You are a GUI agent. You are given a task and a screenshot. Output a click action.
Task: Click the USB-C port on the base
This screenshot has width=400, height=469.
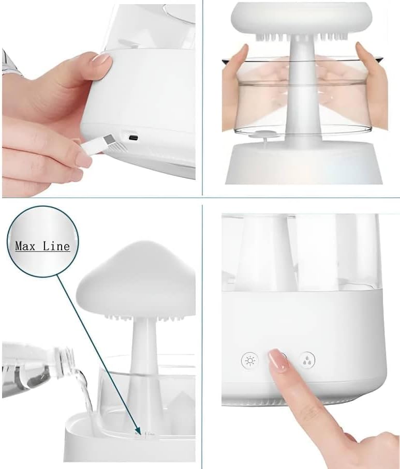(x=134, y=138)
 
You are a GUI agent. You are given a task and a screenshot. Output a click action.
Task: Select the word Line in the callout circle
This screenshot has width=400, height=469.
(x=57, y=246)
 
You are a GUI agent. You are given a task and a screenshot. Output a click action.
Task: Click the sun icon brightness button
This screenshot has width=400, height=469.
(x=249, y=360)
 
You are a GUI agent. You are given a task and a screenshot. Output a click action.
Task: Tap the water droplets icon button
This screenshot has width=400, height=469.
(x=307, y=360)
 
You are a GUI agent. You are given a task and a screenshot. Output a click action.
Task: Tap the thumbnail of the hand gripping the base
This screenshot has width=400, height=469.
(x=101, y=58)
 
